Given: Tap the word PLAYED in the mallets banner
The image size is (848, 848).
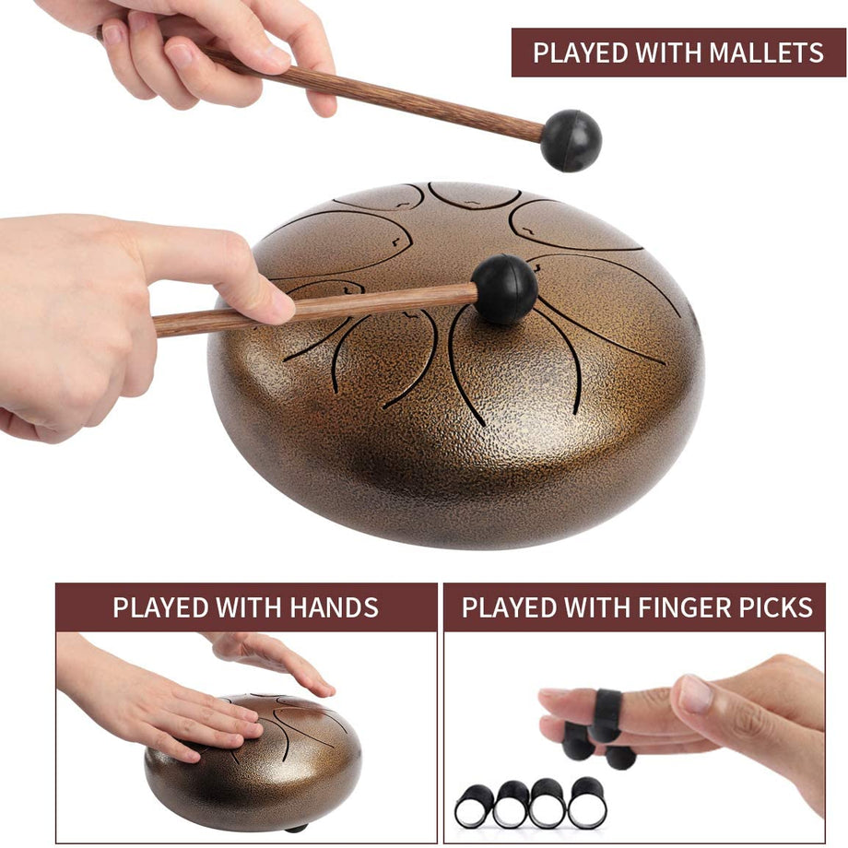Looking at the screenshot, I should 578,53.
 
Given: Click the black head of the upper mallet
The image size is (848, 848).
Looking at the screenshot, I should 571,141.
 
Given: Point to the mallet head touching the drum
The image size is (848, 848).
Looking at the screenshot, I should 504,289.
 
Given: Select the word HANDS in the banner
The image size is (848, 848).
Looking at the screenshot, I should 333,608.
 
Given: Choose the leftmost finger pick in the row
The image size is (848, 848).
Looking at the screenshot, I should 475,806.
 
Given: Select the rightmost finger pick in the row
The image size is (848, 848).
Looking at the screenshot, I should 587,804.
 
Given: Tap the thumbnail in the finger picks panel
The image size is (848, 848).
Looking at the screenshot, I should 696,693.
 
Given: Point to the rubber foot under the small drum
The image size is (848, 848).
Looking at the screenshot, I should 297,828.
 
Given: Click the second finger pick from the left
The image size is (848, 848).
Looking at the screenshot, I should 512,805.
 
